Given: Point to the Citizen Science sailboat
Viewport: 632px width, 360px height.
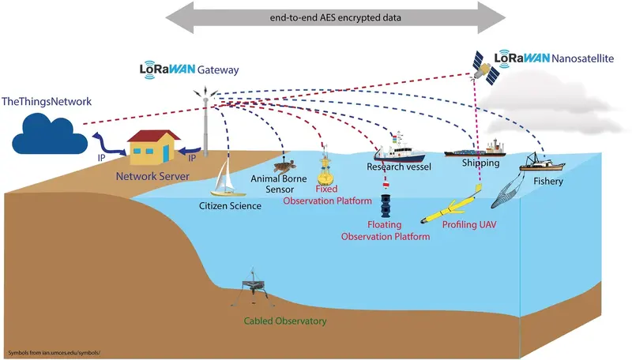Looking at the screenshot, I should (x=224, y=180).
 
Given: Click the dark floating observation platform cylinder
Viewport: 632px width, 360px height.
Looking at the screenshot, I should (x=386, y=207).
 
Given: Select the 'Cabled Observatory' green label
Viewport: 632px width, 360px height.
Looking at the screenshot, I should (x=285, y=322).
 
